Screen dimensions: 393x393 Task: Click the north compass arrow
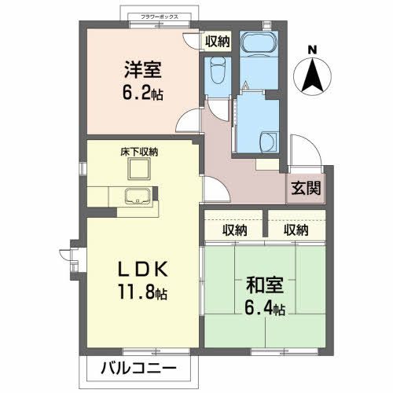(312, 75)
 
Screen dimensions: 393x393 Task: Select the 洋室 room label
(141, 68)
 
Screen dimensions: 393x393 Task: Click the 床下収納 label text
(139, 151)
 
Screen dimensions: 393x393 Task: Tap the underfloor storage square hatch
(140, 169)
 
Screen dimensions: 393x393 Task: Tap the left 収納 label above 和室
(234, 230)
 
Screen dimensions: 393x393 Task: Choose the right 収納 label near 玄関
(296, 230)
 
